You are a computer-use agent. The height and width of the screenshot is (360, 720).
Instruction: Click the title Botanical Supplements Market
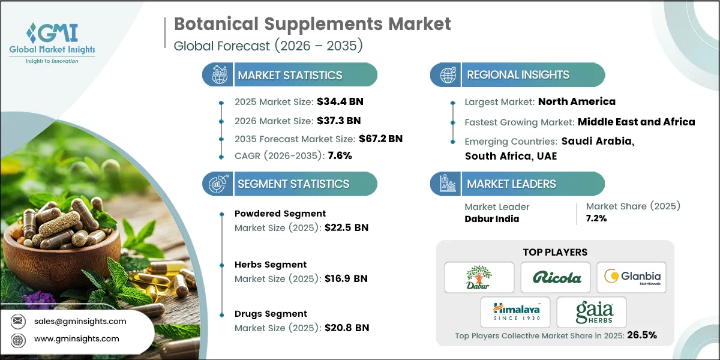pos(312,24)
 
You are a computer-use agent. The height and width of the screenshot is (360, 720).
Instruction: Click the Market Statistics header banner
pos(290,75)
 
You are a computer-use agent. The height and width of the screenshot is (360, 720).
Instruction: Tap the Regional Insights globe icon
pos(447,75)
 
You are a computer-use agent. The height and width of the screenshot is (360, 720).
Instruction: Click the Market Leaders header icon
pos(447,184)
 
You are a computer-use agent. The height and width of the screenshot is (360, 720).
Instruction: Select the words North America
pos(577,101)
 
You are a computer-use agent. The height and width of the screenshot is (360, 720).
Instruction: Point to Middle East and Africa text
pos(636,122)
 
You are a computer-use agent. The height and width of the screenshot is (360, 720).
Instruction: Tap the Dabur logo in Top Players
pos(479,277)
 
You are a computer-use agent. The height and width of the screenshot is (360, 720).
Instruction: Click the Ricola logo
pos(555,277)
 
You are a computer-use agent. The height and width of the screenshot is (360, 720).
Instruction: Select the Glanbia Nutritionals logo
pos(632,277)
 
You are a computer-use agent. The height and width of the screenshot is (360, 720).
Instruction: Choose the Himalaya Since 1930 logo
pos(515,311)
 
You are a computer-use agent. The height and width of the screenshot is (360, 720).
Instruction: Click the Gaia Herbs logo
pos(592,311)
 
